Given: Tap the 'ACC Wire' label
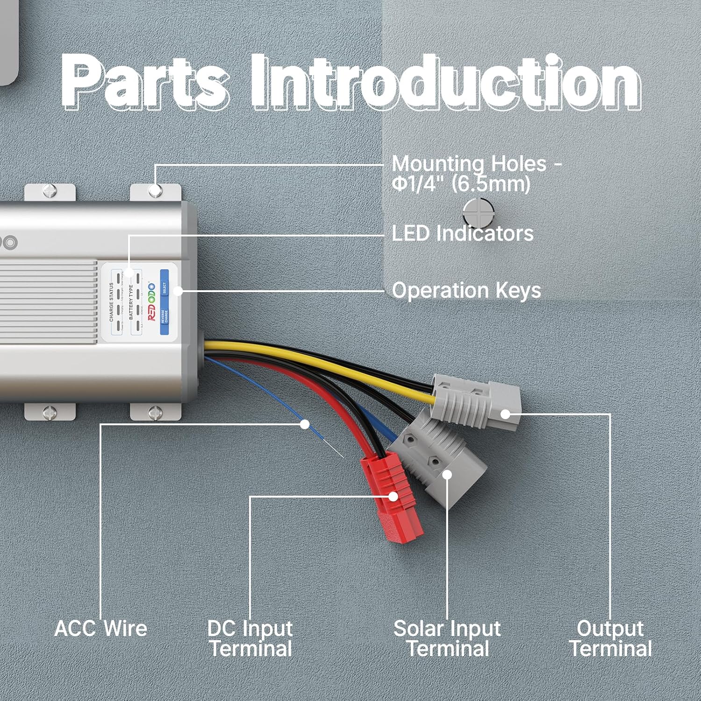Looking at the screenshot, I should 101,628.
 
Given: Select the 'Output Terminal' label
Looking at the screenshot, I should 610,638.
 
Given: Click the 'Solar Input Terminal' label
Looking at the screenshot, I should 447,638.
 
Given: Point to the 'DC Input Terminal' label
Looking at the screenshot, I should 250,638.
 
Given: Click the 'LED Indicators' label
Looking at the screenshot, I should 462,233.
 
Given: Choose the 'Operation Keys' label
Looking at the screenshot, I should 466,290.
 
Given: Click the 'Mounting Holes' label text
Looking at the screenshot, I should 476,173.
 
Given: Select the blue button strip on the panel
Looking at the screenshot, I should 164,302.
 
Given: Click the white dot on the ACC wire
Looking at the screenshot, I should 305,424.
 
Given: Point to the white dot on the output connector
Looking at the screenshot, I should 505,414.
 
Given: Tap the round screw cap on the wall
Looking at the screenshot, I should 478,213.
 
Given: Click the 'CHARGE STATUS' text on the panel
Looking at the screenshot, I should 111,302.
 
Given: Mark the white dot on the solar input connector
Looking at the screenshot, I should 447,475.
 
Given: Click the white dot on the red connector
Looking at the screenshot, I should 393,496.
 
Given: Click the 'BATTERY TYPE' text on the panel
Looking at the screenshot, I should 131,302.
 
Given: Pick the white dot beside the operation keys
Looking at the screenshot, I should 178,291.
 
